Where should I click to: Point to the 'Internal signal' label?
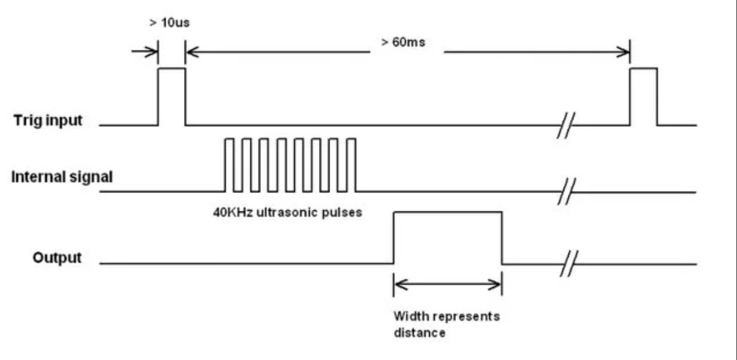click(x=62, y=177)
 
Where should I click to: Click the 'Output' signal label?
click(x=57, y=257)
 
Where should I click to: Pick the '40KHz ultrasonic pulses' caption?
click(x=288, y=212)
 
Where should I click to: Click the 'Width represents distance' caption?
click(x=446, y=324)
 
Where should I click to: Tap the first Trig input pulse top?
click(x=171, y=68)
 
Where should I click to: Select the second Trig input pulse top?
click(x=643, y=68)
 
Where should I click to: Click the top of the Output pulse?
click(x=447, y=212)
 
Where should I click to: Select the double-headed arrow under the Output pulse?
click(x=447, y=285)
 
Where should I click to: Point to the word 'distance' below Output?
click(x=420, y=332)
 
